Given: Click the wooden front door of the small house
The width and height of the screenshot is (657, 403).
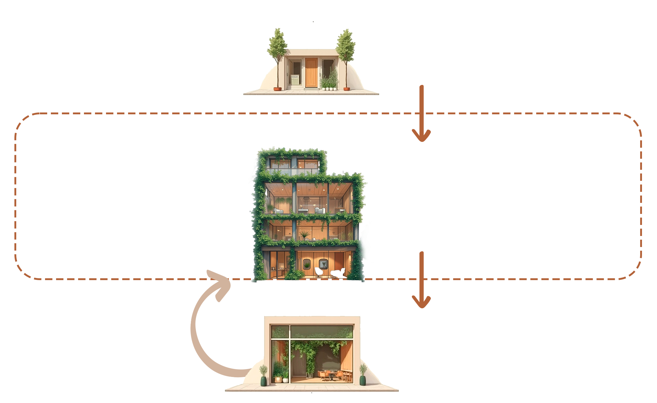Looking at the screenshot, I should (x=311, y=73).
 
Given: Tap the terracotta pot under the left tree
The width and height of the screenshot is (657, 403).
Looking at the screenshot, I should (x=278, y=89).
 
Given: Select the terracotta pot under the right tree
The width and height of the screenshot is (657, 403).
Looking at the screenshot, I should (x=346, y=89).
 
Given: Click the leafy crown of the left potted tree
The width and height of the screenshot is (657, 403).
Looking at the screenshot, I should (x=277, y=43).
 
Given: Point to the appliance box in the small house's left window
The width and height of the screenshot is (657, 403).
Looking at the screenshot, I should (x=295, y=80).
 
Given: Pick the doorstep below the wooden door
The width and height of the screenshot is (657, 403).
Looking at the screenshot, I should (x=311, y=89).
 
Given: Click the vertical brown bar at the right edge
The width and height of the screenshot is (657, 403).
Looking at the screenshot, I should (x=642, y=156).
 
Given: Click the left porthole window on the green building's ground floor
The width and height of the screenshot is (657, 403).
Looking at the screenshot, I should (x=306, y=264).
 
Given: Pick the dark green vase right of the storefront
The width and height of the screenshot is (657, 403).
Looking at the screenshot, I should (x=363, y=380).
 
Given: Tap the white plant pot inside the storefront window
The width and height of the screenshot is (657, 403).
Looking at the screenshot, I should (x=285, y=380).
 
